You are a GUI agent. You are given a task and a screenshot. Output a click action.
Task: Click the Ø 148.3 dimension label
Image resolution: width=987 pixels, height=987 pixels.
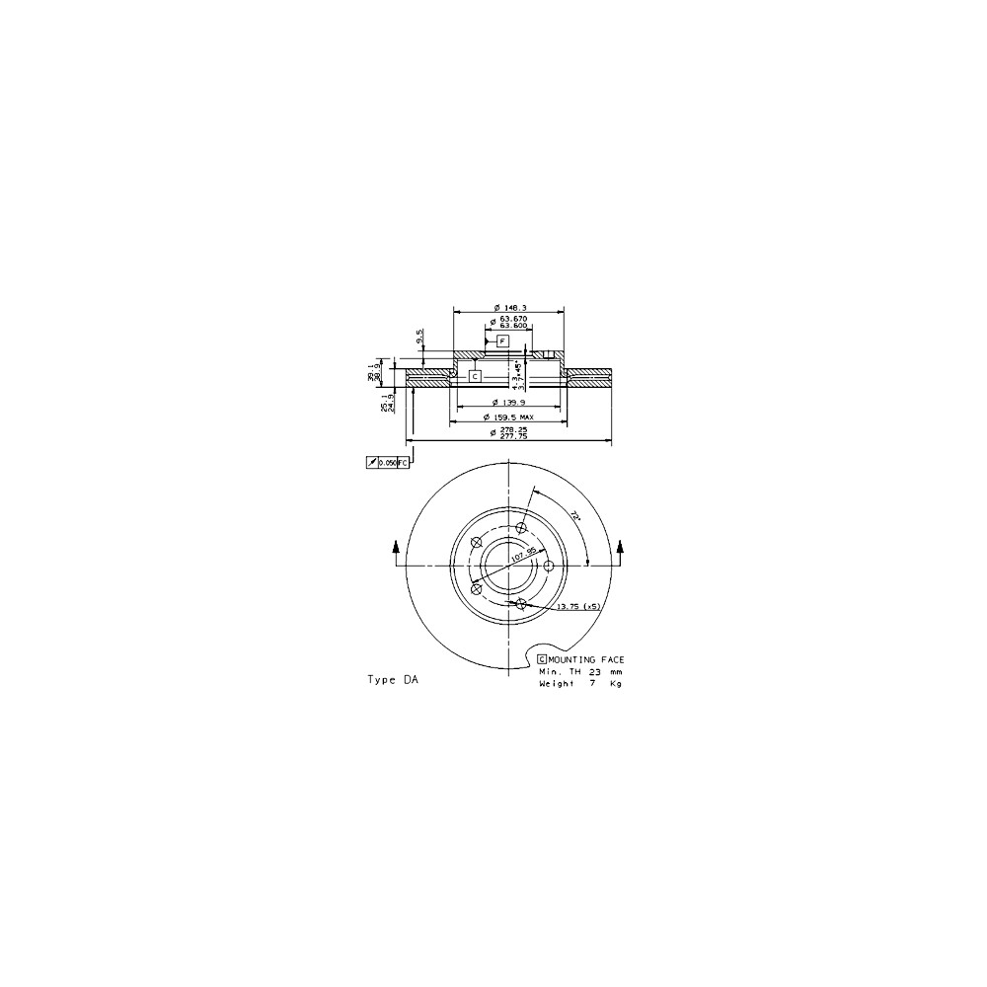coord(508,306)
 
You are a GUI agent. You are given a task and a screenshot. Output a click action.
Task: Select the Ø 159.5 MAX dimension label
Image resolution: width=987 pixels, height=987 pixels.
coord(511,418)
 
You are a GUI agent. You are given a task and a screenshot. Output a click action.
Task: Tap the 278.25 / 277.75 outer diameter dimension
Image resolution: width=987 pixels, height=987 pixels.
coord(511,434)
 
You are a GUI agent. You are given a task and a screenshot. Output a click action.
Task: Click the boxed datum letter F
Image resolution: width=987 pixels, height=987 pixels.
coord(502,341)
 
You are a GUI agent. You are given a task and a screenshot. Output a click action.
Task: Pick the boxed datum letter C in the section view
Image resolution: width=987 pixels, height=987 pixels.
coord(474,376)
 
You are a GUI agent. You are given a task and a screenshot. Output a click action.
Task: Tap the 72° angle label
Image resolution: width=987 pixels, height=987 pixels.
coord(574,515)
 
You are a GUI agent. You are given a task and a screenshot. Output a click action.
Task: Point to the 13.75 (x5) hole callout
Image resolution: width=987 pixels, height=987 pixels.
coord(579,605)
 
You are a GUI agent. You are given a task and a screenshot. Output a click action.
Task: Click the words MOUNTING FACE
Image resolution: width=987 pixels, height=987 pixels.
coord(586,658)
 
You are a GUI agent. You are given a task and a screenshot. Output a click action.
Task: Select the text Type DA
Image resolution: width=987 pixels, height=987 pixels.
coord(392,680)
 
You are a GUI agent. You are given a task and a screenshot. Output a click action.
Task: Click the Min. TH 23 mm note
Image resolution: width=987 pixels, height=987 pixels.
coord(580,670)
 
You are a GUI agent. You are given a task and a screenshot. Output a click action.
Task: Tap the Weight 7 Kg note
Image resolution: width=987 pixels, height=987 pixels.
coord(580,682)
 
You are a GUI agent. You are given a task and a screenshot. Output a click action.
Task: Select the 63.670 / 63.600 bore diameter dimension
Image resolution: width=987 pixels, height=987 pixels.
coord(512,324)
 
